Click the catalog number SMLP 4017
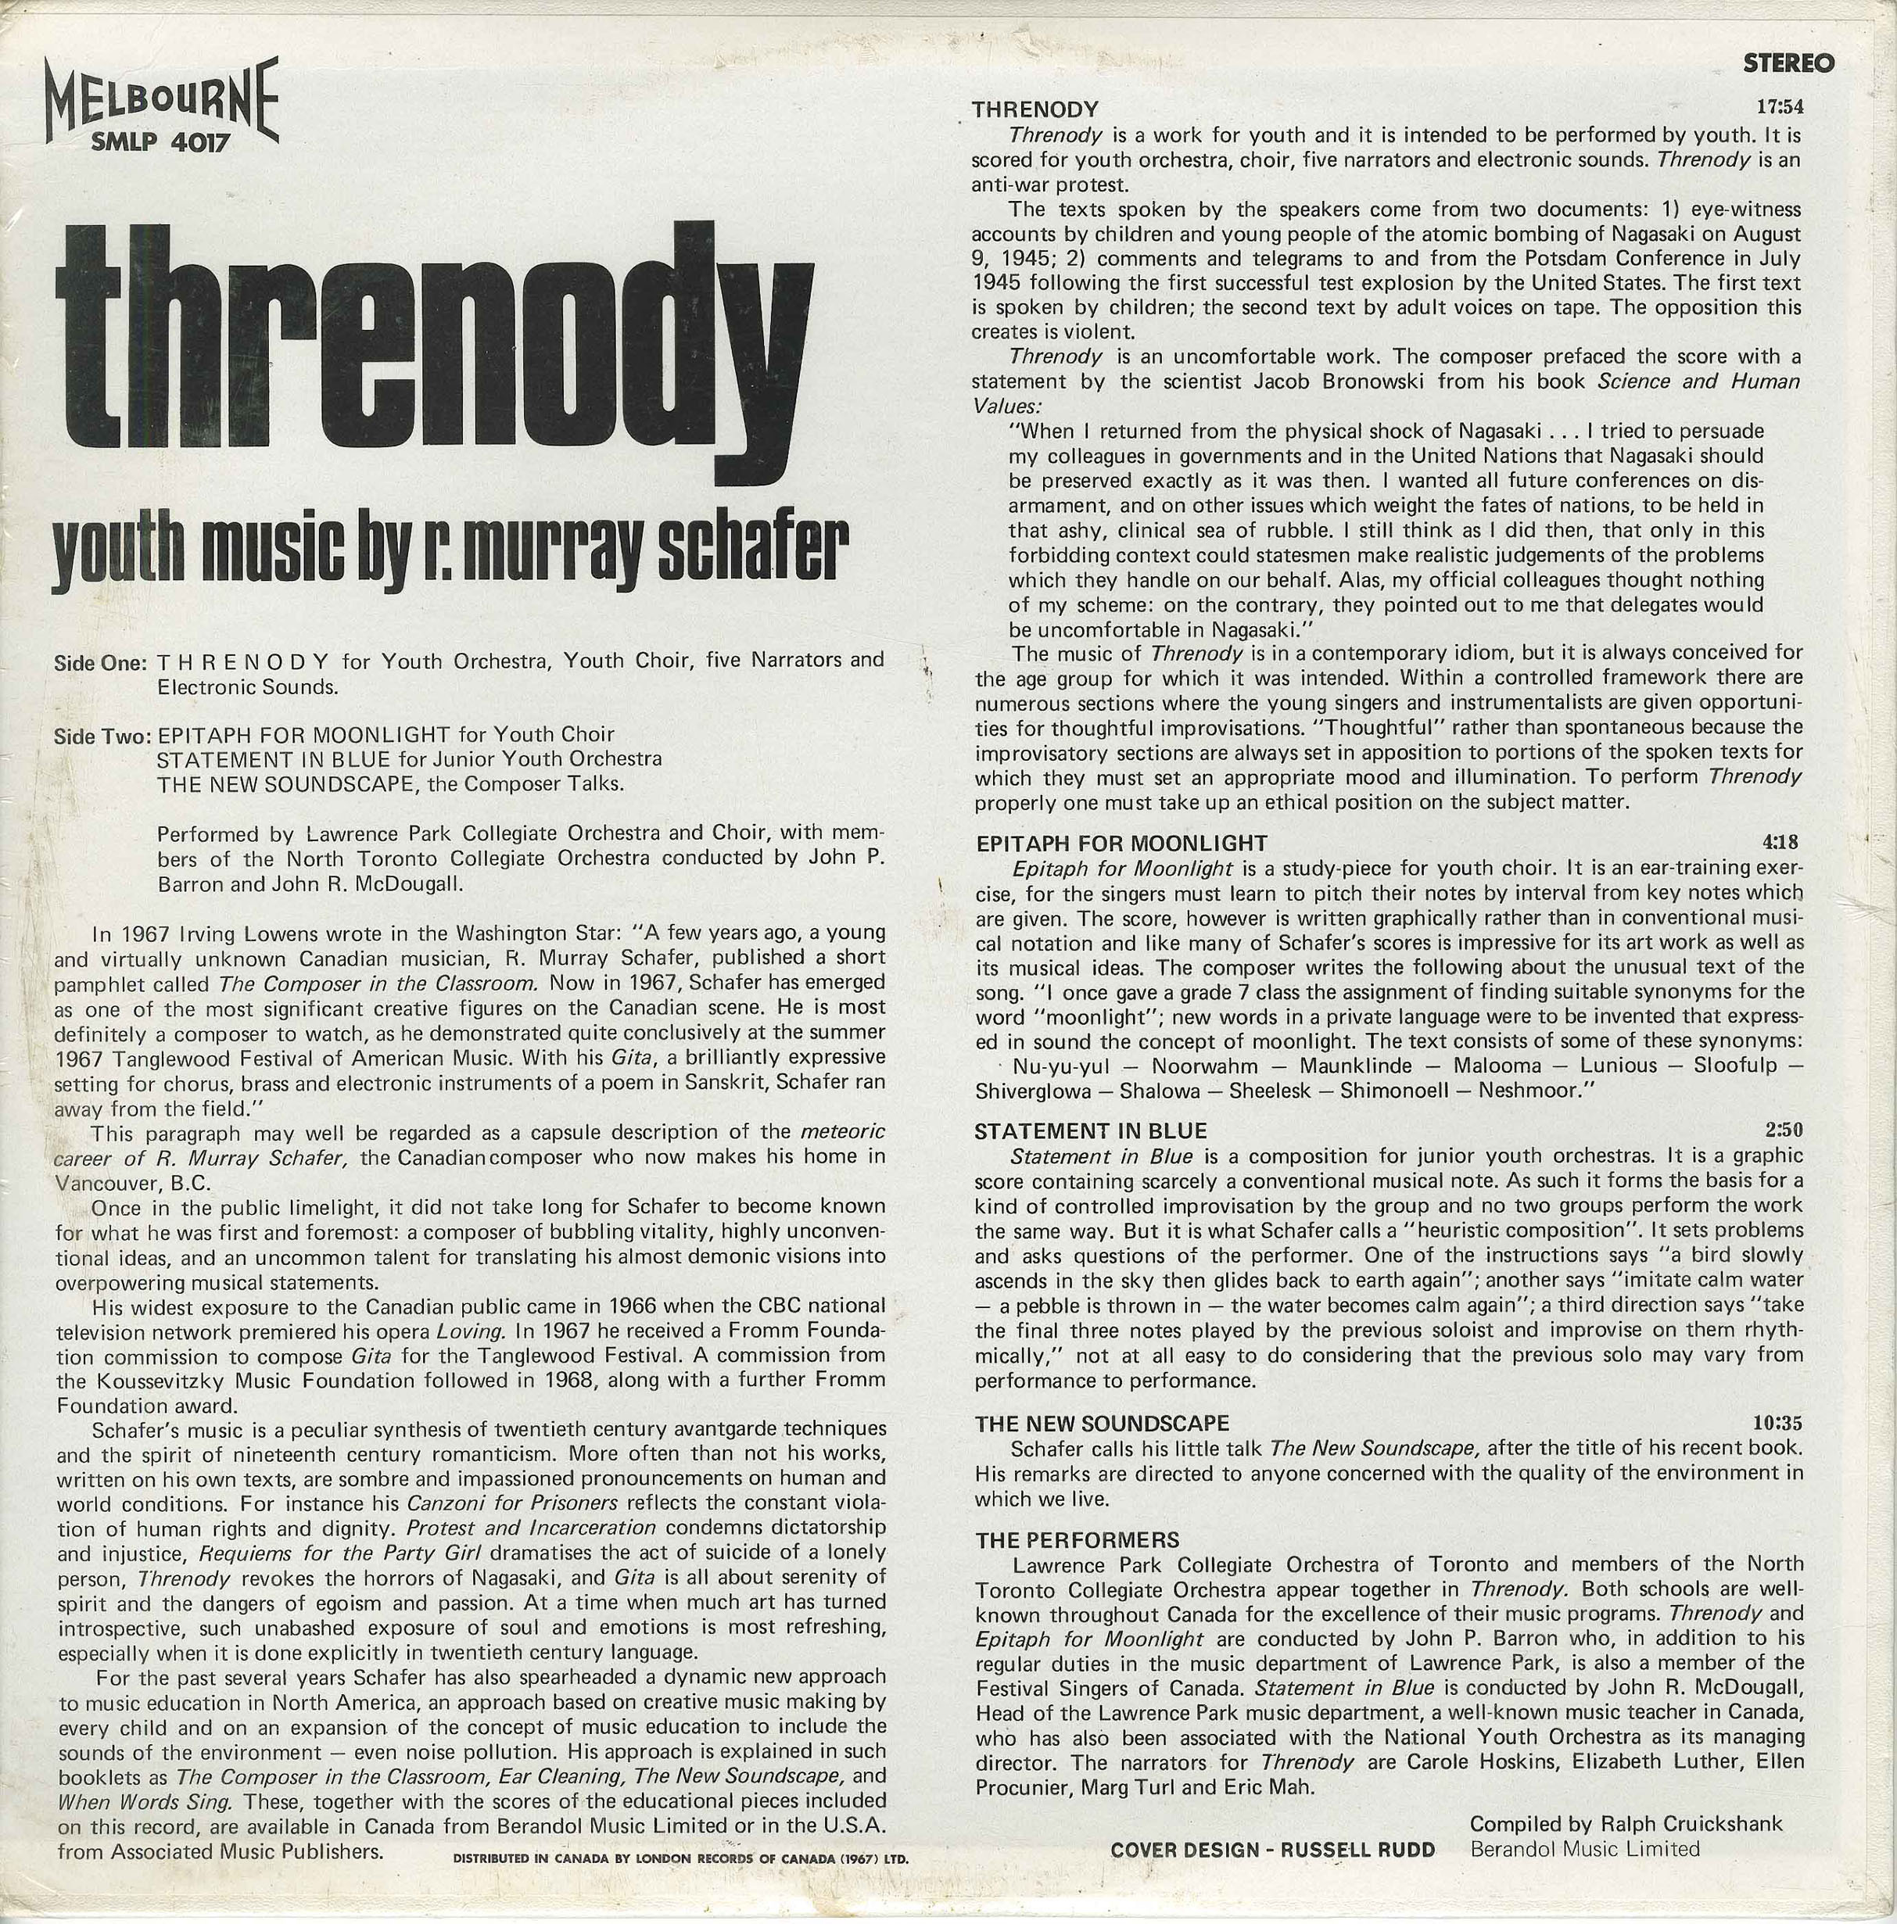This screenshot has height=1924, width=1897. (x=160, y=143)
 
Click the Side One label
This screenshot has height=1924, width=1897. (x=102, y=663)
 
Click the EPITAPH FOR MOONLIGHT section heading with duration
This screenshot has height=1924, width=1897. (x=1121, y=844)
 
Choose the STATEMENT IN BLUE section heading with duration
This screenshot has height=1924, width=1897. (x=1090, y=1131)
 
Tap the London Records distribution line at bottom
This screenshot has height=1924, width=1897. (x=680, y=1858)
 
